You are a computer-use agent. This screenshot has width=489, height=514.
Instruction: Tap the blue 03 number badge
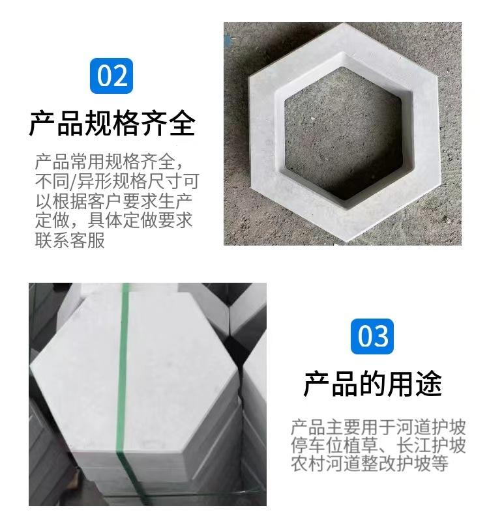pos(373,336)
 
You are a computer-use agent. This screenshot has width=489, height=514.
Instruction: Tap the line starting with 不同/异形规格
pos(116,180)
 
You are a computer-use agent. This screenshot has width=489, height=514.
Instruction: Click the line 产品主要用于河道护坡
pos(378,428)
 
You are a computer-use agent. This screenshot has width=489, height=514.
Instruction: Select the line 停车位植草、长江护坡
pos(378,446)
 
